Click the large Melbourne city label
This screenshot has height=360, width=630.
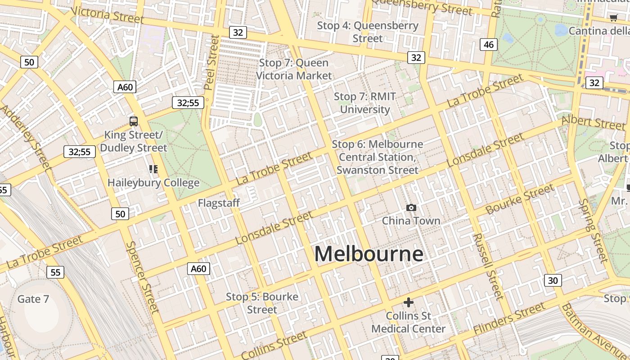tap(369, 254)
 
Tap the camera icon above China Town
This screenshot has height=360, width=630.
tap(411, 207)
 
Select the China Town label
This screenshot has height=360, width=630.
tap(411, 220)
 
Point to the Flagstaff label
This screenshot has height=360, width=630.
tap(219, 203)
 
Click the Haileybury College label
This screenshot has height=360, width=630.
tap(153, 183)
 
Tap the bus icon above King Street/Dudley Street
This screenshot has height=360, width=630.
tap(133, 121)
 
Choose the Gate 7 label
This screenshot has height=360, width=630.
tap(33, 299)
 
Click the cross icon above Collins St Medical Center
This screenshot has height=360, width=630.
tap(408, 302)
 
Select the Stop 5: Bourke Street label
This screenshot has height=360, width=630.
tap(262, 303)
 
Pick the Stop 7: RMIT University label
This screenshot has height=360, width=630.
tap(365, 103)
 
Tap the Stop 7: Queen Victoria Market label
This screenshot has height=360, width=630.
tap(294, 69)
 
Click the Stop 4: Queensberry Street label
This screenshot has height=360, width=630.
tap(368, 32)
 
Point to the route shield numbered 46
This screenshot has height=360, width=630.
tap(489, 44)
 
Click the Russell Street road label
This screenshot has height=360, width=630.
tap(487, 266)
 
